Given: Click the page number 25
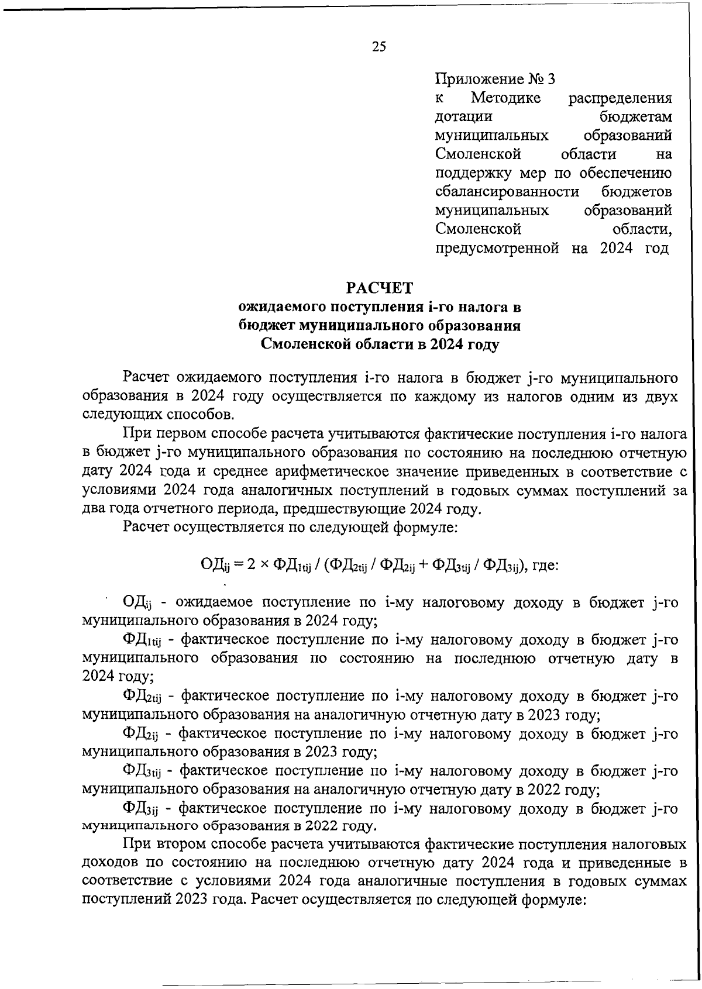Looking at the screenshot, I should tap(378, 47).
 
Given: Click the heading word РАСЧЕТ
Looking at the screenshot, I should tap(379, 288).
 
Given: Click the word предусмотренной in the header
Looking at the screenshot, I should tap(498, 249).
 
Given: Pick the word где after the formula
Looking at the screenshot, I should tap(544, 566).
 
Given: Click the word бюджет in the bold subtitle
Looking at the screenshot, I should tap(266, 326).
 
